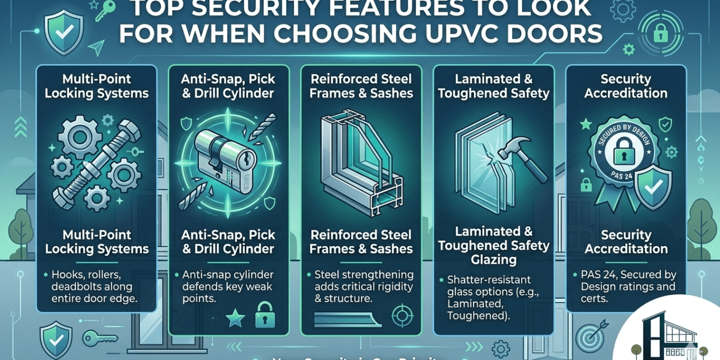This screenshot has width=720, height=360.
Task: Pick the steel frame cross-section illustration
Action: pos(360,161)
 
